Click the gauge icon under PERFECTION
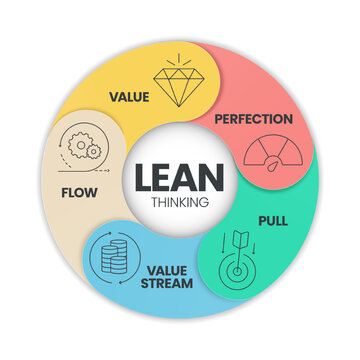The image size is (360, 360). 262,156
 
